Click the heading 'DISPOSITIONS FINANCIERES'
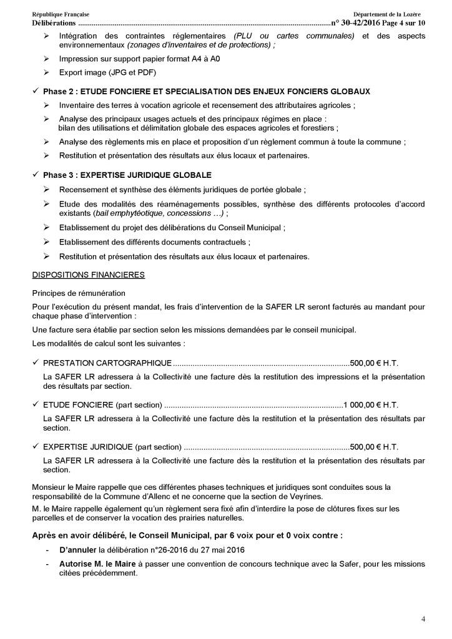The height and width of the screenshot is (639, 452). [x=89, y=274]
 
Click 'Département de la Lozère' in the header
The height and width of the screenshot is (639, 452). [x=386, y=14]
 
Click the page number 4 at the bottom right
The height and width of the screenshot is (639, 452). [x=423, y=619]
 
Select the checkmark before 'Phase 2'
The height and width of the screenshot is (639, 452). [x=36, y=91]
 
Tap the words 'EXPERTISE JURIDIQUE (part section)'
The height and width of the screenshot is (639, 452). [x=112, y=447]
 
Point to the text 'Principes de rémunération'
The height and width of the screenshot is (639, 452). [x=79, y=293]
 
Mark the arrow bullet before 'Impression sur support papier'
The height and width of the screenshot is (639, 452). [x=47, y=58]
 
